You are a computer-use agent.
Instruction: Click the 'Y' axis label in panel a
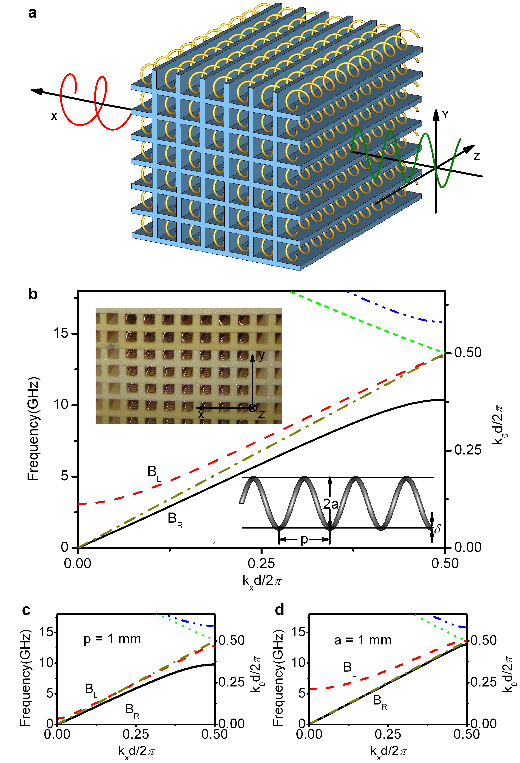click(445, 115)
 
